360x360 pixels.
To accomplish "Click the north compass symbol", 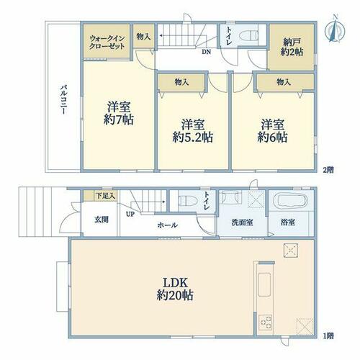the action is (x=335, y=29).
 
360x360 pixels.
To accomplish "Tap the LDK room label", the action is (x=175, y=289).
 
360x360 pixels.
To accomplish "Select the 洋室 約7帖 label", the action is (x=119, y=113).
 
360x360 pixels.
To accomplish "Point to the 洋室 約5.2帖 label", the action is (x=193, y=131).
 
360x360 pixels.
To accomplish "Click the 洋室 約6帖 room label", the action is (x=272, y=131).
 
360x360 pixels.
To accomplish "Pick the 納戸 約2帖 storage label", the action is (x=292, y=47).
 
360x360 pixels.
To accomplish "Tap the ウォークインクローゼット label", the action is (x=107, y=42).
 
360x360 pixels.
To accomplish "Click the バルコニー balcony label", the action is (x=63, y=99).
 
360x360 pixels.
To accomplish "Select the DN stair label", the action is (x=206, y=52).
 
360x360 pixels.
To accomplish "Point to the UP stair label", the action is (x=130, y=214).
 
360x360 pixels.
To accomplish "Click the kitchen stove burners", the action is (x=266, y=323).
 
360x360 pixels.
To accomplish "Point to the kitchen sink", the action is (x=264, y=284).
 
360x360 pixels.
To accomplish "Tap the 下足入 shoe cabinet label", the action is (x=106, y=196).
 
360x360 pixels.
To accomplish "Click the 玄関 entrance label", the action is (x=102, y=220).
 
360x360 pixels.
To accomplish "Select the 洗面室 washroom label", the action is (x=242, y=222).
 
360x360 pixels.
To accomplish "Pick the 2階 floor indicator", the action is (x=328, y=170).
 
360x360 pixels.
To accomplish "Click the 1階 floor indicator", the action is (x=328, y=336).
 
